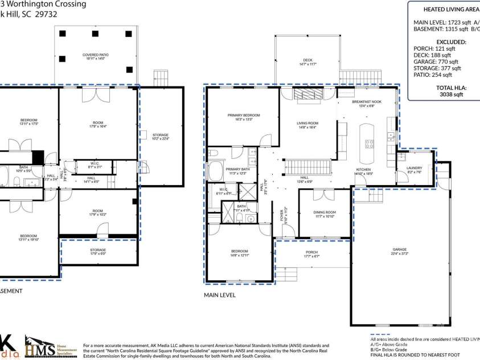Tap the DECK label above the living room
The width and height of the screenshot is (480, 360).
[x=307, y=62]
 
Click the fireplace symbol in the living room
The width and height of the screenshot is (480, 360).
[x=307, y=95]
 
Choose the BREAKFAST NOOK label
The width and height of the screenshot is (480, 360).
[x=367, y=103]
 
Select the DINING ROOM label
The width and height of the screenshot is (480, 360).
[x=325, y=214]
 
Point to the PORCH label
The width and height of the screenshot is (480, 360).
[x=311, y=254]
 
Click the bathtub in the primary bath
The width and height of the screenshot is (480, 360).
[x=216, y=170]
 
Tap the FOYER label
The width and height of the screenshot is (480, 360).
[x=281, y=215]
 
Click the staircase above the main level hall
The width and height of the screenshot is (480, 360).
[x=307, y=167]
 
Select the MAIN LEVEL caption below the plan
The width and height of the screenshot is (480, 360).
[x=220, y=295]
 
